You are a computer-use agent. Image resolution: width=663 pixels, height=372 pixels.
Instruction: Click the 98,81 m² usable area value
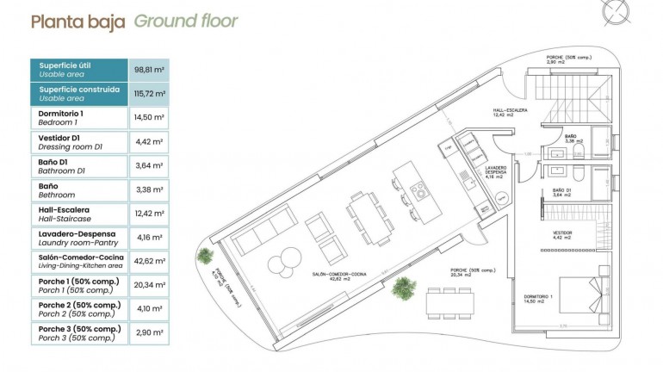coord(149,70)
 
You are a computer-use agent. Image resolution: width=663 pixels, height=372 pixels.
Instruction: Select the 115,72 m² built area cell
coord(149,93)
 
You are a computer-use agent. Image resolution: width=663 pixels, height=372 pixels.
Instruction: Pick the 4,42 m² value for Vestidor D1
coord(149,142)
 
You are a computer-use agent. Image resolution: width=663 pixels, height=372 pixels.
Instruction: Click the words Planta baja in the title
coord(78,22)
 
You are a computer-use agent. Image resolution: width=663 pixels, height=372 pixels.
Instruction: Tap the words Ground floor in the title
coord(186,22)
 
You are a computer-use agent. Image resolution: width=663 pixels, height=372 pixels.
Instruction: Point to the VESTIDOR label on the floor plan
coord(562,232)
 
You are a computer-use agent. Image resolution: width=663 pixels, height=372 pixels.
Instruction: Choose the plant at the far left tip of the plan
coord(206,255)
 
